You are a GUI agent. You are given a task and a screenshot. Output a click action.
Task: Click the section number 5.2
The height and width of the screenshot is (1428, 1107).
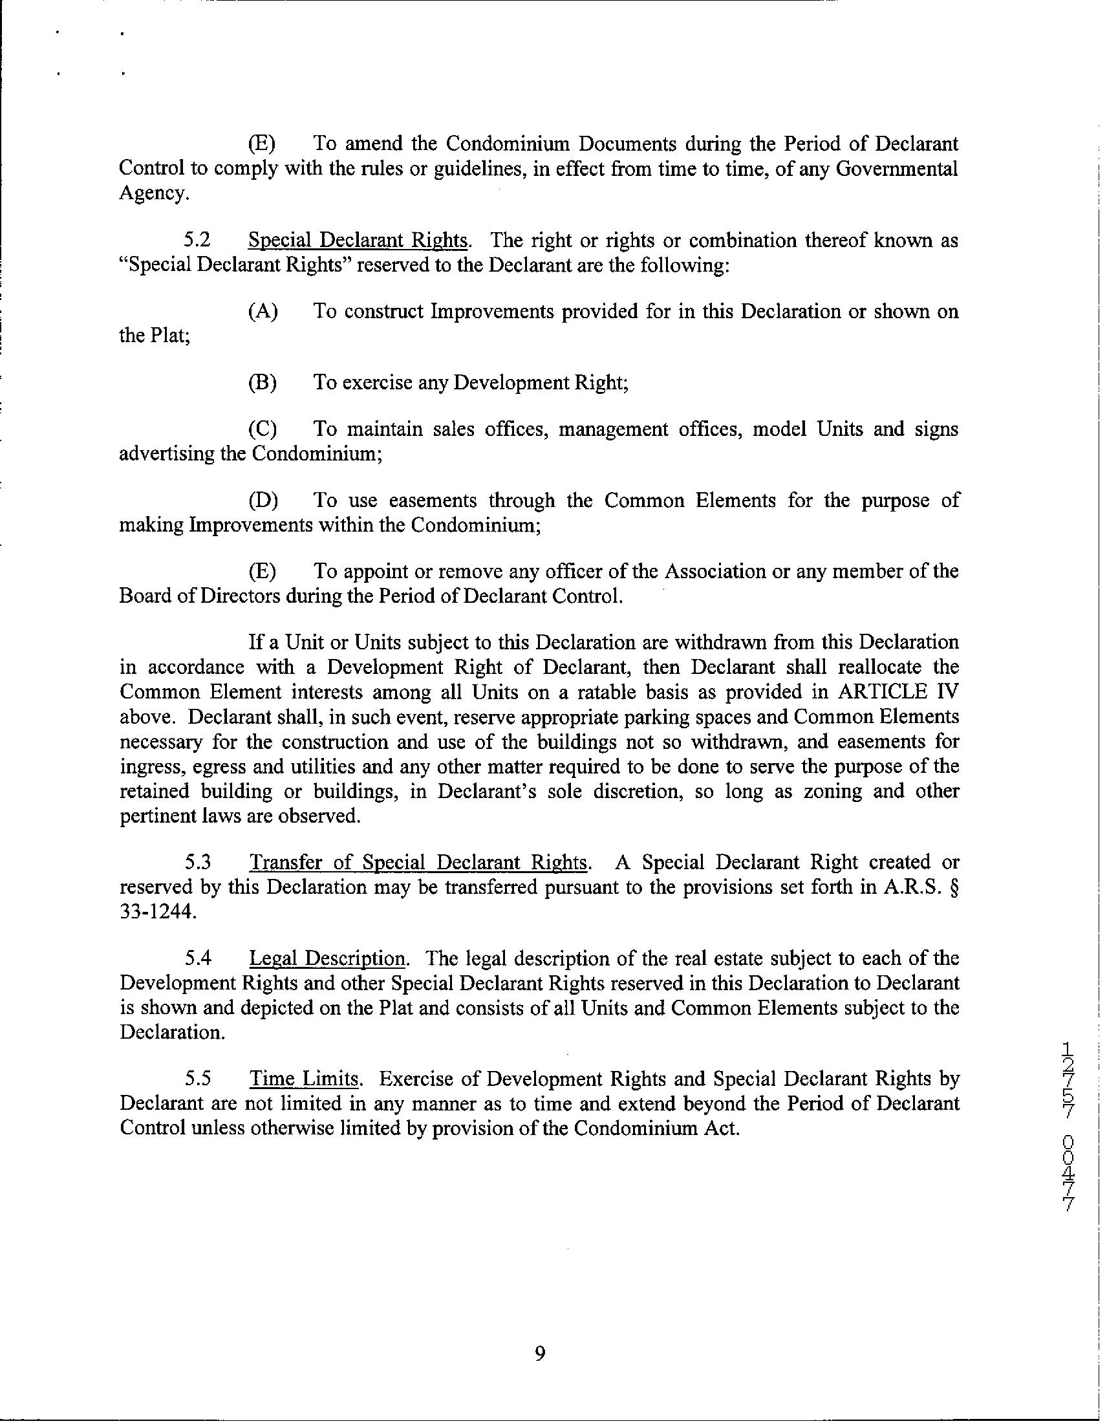[x=197, y=241]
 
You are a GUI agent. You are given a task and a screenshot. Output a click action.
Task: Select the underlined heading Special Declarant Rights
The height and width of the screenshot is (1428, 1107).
[x=358, y=241]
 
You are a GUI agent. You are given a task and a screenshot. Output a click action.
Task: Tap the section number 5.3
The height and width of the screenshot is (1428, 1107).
[x=197, y=862]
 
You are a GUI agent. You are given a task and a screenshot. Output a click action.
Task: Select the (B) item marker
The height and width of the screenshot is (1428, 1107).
[x=263, y=382]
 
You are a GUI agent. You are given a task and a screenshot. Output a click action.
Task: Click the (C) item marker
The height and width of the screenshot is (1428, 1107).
[x=263, y=429]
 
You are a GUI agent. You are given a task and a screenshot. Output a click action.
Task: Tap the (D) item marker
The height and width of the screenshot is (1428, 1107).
[x=263, y=501]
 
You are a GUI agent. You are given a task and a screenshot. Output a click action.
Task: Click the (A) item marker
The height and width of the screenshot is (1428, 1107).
[x=263, y=311]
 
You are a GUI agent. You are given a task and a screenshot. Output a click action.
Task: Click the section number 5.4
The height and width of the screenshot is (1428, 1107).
[x=197, y=958]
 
